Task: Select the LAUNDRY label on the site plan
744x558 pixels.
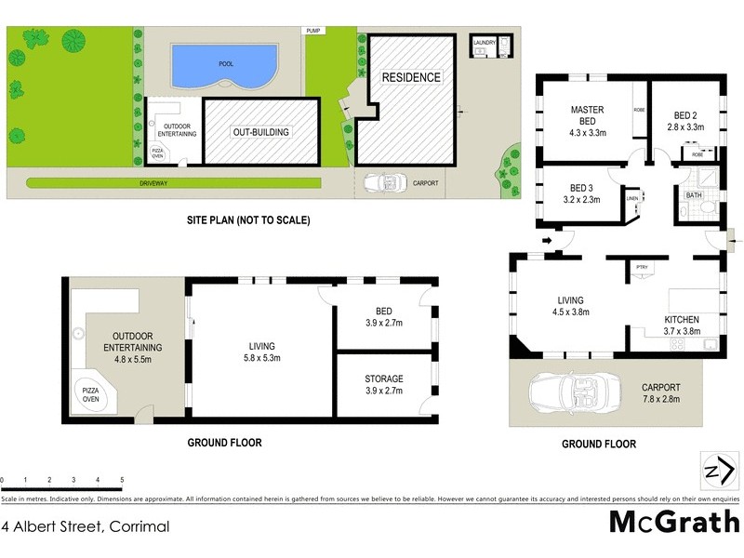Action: (x=485, y=43)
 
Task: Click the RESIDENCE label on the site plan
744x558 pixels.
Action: (x=410, y=77)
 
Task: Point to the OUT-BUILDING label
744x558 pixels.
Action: (x=260, y=132)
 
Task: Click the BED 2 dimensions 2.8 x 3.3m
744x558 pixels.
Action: (x=685, y=126)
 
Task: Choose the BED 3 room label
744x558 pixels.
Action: (x=580, y=187)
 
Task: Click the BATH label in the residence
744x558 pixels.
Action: (x=694, y=196)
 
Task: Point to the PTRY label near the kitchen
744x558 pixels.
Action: (x=642, y=268)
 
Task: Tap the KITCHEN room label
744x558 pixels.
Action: (x=688, y=319)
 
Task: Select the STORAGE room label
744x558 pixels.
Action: (x=384, y=379)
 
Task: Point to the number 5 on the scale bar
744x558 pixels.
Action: (x=122, y=481)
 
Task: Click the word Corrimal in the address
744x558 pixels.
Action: (x=139, y=526)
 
